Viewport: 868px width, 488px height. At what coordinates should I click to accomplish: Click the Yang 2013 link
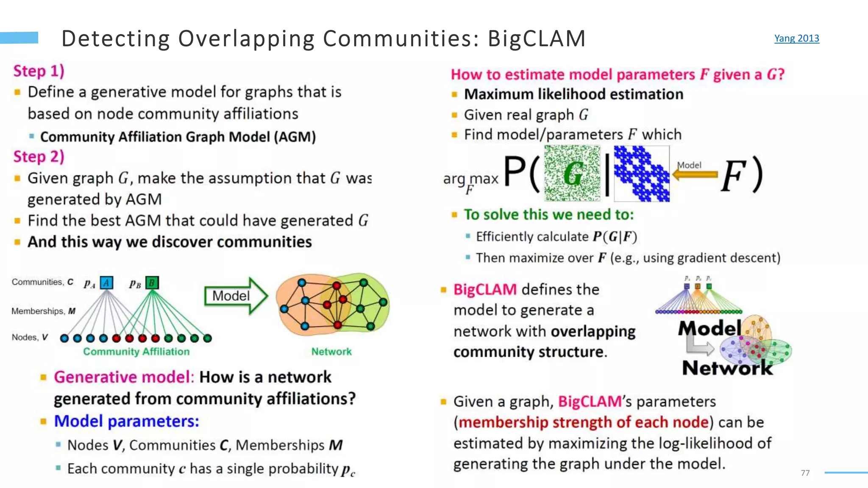click(x=796, y=38)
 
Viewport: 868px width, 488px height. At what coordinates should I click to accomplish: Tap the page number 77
click(x=805, y=473)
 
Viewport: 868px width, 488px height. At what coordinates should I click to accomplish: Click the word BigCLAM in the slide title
click(x=537, y=39)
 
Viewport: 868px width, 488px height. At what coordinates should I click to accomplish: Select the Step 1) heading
click(x=39, y=71)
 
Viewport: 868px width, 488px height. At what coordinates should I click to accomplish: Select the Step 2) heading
click(x=39, y=156)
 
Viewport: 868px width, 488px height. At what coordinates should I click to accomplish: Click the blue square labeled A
click(x=106, y=283)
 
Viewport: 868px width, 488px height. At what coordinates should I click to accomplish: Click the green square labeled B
click(x=152, y=283)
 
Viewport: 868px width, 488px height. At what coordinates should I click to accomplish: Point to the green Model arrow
click(x=236, y=296)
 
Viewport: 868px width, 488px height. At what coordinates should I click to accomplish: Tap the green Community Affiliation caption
click(x=136, y=351)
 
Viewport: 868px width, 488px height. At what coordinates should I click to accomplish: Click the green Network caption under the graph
click(x=331, y=351)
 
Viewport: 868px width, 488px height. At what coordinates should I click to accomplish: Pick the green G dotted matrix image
click(x=572, y=173)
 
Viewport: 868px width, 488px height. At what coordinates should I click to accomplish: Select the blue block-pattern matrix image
click(x=642, y=173)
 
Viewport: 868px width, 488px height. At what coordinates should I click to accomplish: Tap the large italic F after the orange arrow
click(x=734, y=175)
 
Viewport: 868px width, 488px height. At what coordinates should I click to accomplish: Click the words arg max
click(x=470, y=179)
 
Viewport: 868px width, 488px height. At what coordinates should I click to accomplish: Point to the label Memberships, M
click(x=43, y=311)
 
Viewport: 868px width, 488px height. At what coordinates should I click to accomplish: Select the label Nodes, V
click(x=30, y=337)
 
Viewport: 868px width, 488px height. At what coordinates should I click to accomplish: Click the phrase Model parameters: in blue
click(x=126, y=421)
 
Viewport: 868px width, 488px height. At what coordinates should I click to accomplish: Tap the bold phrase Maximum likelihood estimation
click(x=573, y=94)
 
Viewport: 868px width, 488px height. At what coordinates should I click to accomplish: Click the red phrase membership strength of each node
click(x=584, y=422)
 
